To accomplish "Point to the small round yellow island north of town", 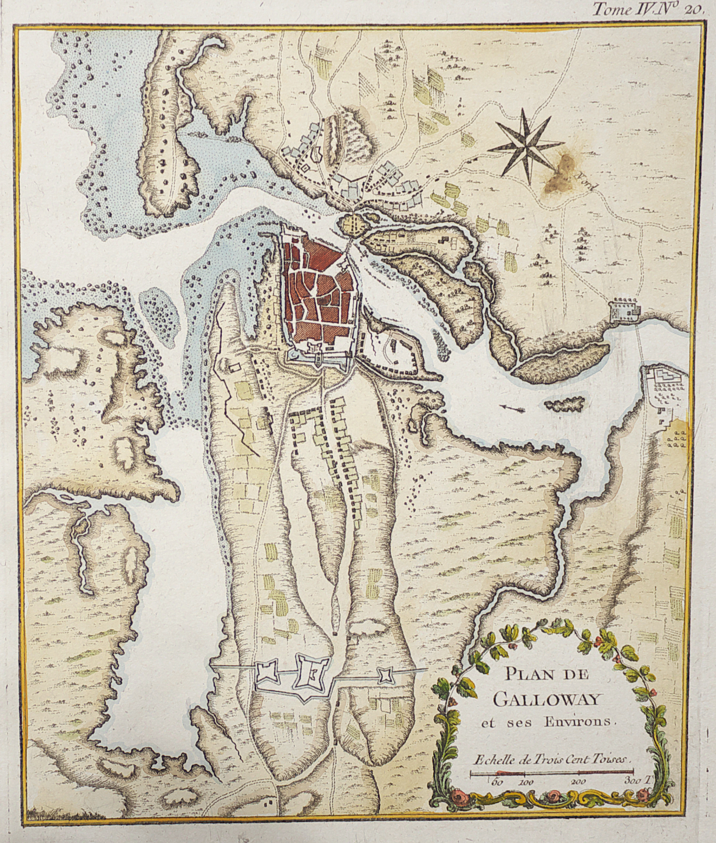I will point(352,223).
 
